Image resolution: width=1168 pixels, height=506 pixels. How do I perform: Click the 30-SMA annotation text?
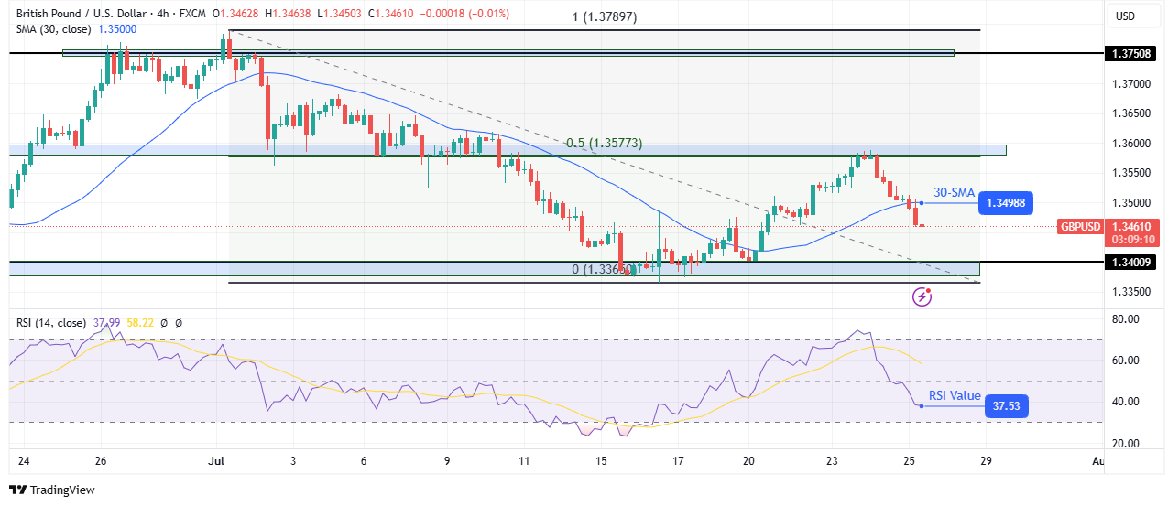[x=954, y=192]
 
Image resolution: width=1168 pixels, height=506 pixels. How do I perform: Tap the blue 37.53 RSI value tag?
[x=1006, y=406]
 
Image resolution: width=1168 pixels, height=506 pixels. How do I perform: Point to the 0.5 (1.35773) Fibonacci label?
[x=604, y=144]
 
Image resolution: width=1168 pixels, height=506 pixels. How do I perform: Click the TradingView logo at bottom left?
[x=52, y=490]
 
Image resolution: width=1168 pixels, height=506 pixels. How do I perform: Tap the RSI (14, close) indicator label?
[x=50, y=323]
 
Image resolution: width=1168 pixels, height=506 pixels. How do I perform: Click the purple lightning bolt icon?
[x=922, y=296]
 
